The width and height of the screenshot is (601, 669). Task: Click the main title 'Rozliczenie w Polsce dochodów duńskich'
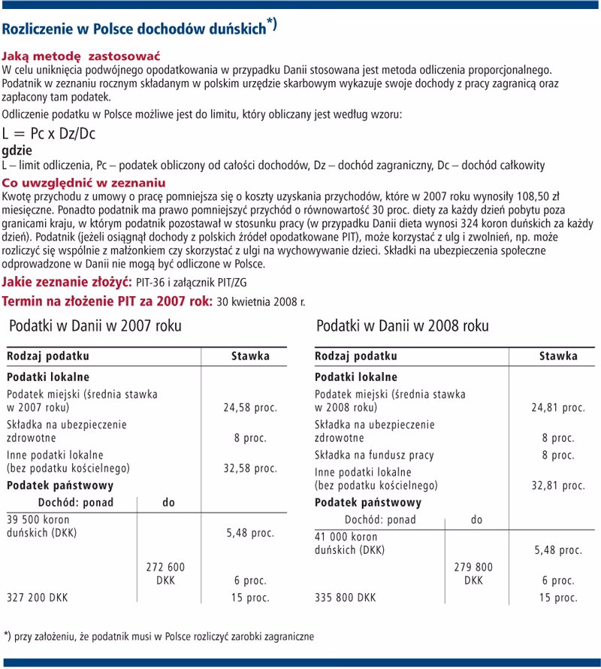point(135,29)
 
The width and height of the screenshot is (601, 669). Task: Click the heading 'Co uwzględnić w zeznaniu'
point(84,183)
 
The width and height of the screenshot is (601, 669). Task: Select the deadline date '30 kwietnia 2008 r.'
point(261,302)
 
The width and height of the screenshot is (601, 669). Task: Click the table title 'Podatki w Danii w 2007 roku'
point(95,326)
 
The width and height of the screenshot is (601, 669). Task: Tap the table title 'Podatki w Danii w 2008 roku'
point(402,326)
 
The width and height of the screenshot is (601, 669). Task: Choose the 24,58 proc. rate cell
point(250,408)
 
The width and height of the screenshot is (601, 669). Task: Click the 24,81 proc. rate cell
point(558,407)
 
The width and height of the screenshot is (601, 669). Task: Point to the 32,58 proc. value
point(250,469)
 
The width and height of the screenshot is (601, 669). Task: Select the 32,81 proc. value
point(558,486)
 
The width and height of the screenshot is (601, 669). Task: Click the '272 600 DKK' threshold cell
point(165,574)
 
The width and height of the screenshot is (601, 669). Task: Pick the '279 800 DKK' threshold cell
point(473,574)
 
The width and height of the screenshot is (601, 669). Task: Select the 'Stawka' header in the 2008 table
point(558,356)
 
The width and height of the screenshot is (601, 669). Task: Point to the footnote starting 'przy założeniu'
point(162,635)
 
